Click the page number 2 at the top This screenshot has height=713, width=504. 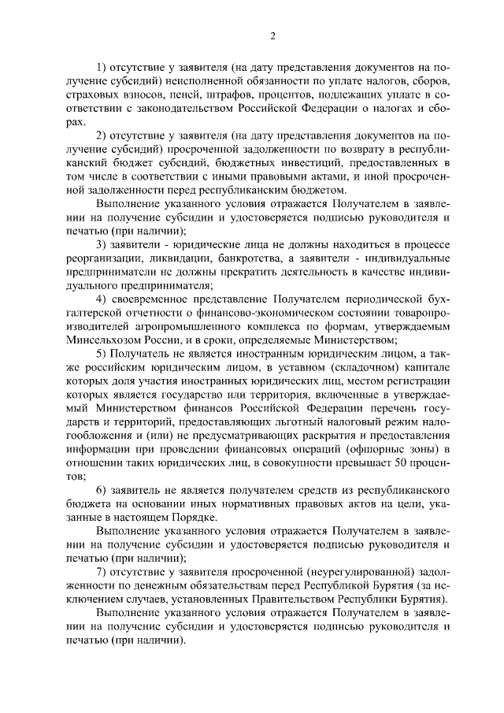(271, 35)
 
